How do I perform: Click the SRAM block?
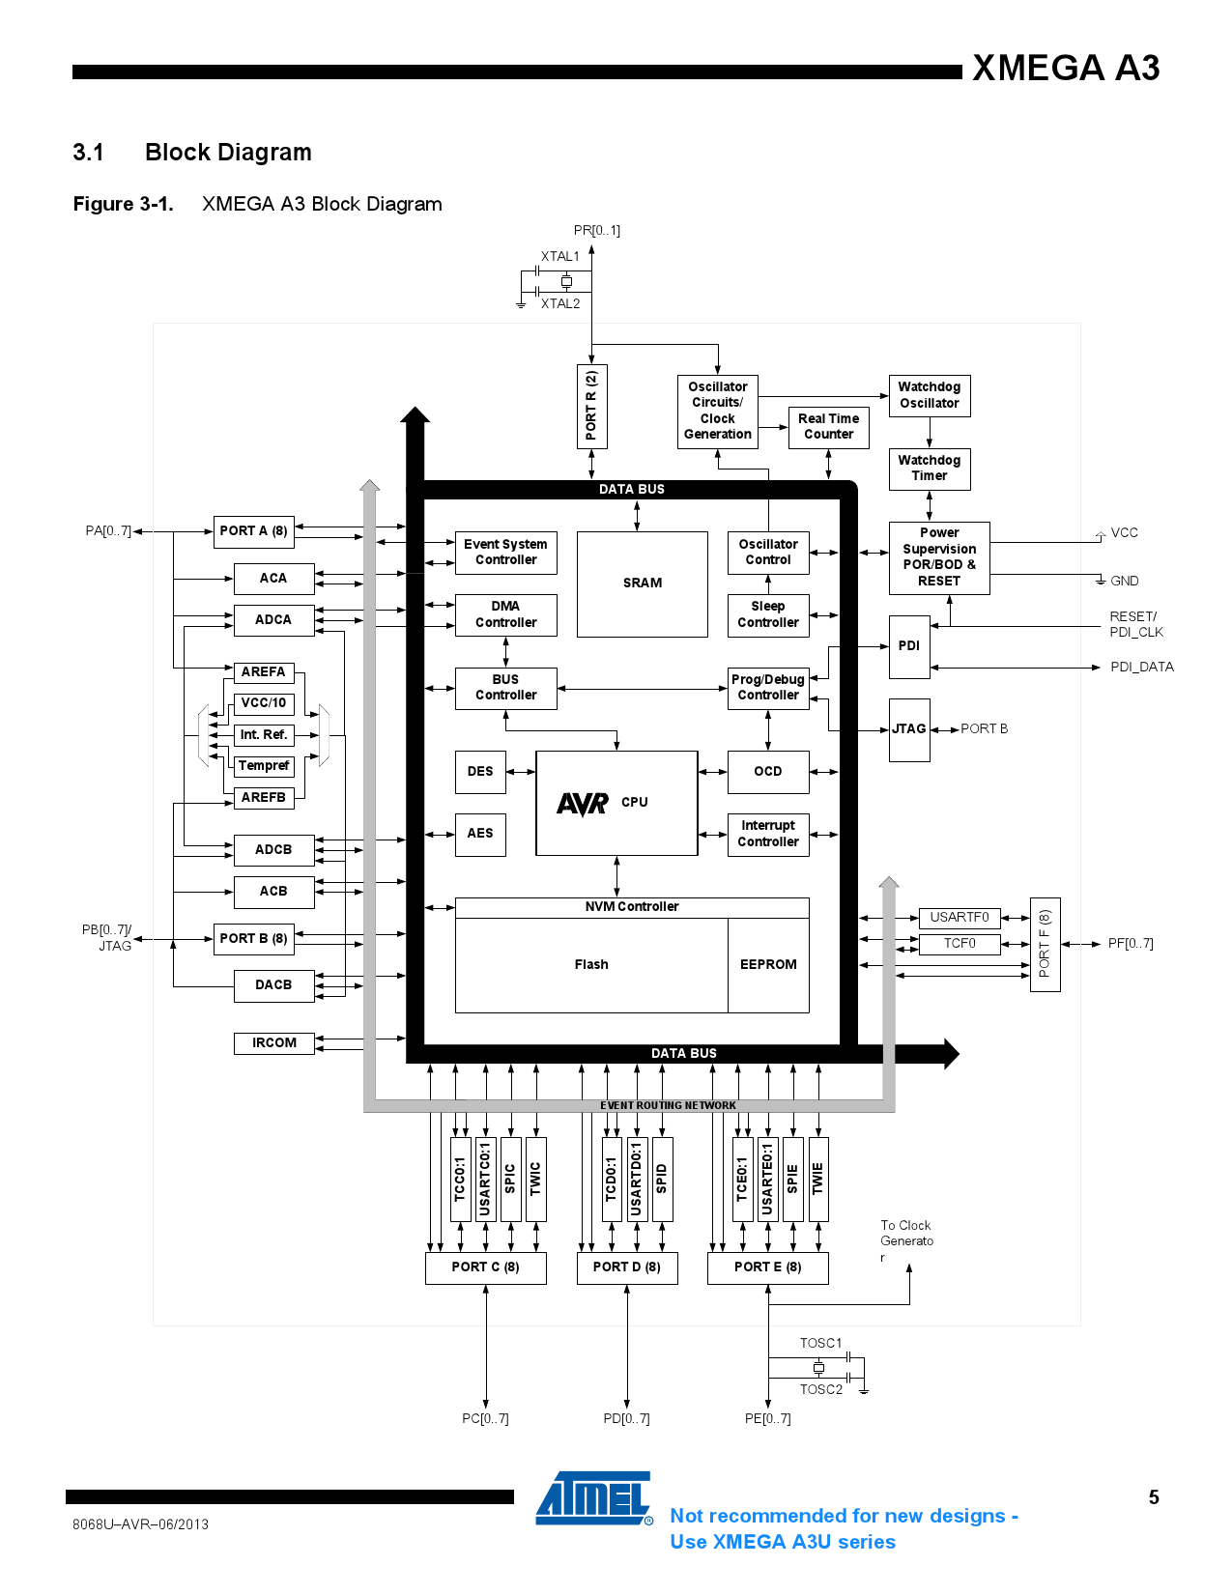point(642,584)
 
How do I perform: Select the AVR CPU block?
point(616,803)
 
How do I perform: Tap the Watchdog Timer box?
point(929,469)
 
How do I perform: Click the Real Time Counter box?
point(828,427)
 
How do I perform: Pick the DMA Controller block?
point(505,614)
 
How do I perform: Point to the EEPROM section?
point(768,965)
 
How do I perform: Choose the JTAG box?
point(908,729)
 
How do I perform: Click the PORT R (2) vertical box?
point(591,406)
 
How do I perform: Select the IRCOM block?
point(274,1043)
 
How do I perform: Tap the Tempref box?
point(264,766)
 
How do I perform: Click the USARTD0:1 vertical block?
point(636,1180)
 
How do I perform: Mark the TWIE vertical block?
point(817,1180)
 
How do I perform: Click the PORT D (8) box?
point(627,1267)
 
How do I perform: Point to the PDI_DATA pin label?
point(1141,668)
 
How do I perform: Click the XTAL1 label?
point(559,257)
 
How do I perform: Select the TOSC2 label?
point(820,1390)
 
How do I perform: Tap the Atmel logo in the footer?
point(593,1499)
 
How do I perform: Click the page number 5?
point(1154,1497)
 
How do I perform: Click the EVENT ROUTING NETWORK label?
point(668,1105)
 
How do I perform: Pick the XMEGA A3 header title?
point(1066,68)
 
